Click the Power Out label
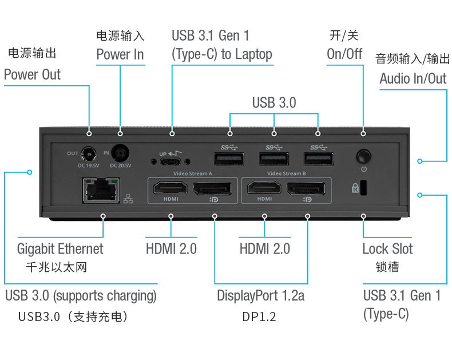tap(32, 74)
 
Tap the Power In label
tap(120, 55)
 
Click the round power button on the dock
tap(363, 156)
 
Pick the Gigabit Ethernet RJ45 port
tap(102, 189)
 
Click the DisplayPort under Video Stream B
tap(308, 188)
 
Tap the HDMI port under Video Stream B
tap(264, 188)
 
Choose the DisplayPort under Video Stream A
tap(215, 188)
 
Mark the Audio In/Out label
tap(413, 78)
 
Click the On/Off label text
tap(344, 54)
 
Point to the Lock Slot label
tap(387, 249)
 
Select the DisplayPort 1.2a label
tap(260, 296)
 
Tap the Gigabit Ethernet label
tap(60, 249)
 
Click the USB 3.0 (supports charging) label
tap(81, 296)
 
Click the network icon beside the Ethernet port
tap(128, 199)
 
